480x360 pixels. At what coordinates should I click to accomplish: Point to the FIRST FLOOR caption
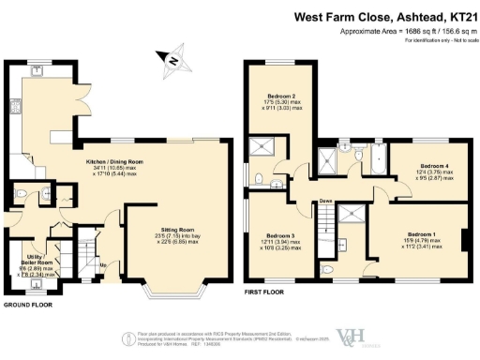tap(266, 292)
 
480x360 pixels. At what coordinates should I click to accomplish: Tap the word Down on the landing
tap(326, 200)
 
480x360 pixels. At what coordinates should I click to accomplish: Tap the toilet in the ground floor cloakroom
tap(47, 194)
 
